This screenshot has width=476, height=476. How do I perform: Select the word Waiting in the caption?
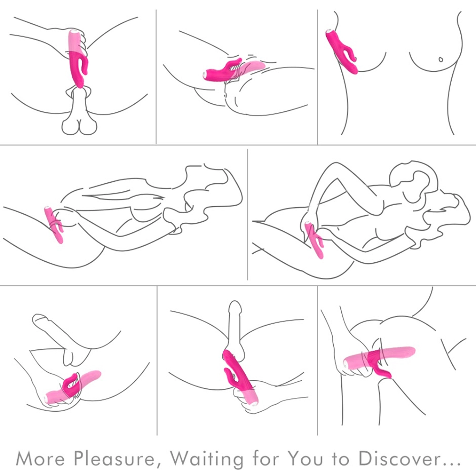[x=207, y=459]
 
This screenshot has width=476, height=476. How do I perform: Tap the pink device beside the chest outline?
[x=341, y=51]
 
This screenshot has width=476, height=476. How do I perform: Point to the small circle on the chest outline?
[x=440, y=59]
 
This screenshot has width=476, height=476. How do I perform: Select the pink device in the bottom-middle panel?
[x=240, y=377]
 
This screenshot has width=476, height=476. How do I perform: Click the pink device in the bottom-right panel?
[x=379, y=361]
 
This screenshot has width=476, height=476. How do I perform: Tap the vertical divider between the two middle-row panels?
[x=248, y=214]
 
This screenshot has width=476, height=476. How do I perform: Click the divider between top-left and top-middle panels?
[x=156, y=77]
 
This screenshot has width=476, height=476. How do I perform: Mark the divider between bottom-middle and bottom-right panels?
[x=317, y=361]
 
